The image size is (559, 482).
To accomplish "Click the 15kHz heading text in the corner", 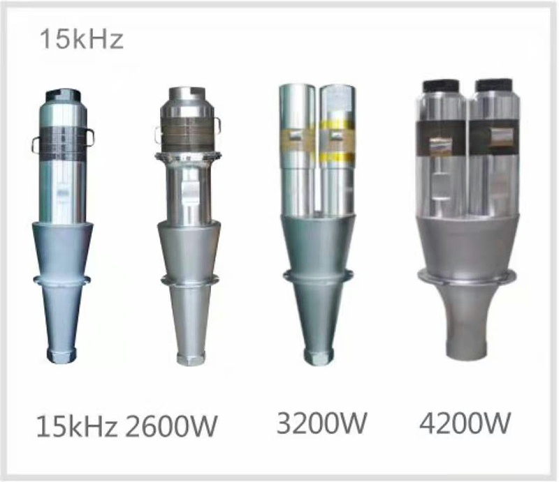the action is pos(82,39).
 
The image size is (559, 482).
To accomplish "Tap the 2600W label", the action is pos(170,426).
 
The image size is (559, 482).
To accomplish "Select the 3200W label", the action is pos(321,423).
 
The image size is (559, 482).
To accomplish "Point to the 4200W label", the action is pos(465,423).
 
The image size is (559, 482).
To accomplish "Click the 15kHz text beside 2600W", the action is pos(77,426).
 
